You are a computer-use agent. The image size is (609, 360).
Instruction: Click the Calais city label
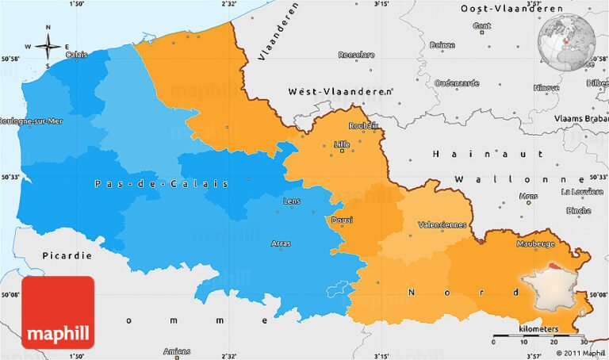[77, 55]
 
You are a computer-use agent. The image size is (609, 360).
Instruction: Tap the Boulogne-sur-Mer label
[30, 121]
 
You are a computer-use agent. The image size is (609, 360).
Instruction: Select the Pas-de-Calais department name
[161, 184]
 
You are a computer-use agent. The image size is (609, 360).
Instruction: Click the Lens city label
[292, 201]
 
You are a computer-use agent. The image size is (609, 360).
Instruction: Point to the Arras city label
[281, 243]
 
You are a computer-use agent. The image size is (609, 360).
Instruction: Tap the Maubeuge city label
[535, 244]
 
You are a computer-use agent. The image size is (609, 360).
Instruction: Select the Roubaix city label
[363, 125]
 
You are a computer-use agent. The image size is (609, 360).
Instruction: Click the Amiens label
[177, 351]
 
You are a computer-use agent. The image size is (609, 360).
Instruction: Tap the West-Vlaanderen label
[340, 92]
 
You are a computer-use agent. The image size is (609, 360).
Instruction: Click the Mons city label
[527, 195]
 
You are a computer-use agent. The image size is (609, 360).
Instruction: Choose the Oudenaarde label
[457, 82]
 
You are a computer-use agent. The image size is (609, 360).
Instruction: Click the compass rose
[48, 46]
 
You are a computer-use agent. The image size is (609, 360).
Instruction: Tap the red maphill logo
[58, 312]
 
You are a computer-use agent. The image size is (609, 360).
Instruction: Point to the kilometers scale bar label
[538, 328]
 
